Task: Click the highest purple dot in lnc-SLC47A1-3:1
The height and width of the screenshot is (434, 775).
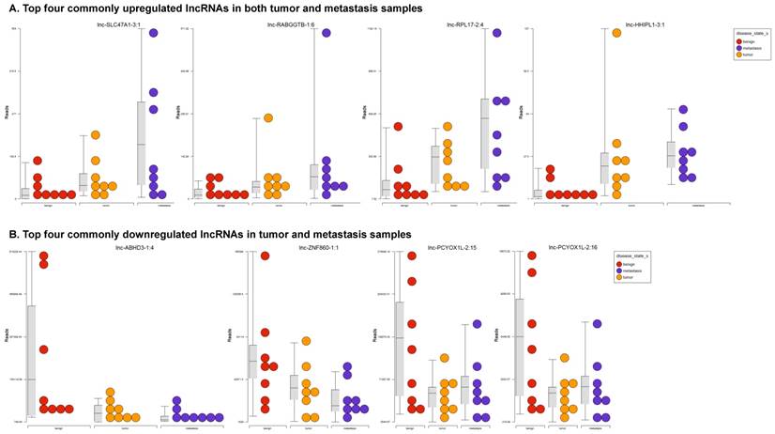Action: click(x=152, y=33)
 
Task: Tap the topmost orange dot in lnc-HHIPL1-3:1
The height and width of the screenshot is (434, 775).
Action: click(x=616, y=33)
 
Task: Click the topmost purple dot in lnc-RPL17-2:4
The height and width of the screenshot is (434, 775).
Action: click(x=496, y=33)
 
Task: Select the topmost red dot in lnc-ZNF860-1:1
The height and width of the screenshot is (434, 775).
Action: click(x=266, y=256)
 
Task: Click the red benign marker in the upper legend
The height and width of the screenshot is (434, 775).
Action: click(x=739, y=42)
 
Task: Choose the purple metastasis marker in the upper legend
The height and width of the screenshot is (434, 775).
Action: click(x=739, y=49)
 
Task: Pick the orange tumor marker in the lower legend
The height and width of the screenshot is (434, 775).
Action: click(x=618, y=277)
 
